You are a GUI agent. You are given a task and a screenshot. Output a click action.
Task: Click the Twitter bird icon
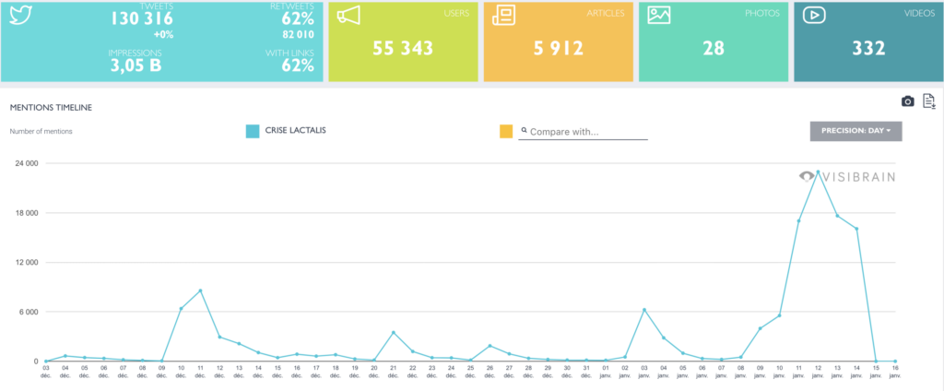[x=19, y=16]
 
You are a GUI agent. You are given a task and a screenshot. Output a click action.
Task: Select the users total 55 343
[x=403, y=48]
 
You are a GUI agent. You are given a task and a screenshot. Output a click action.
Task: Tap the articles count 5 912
[x=558, y=48]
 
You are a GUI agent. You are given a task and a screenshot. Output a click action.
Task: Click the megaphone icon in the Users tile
[x=348, y=16]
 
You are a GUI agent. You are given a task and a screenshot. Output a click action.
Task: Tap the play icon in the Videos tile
[x=814, y=15]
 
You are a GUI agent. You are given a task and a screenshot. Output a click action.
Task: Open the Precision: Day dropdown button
[x=855, y=131]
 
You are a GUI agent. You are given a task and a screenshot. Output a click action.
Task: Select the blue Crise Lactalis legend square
[x=253, y=131]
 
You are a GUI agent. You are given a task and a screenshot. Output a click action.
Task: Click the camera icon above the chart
[x=907, y=101]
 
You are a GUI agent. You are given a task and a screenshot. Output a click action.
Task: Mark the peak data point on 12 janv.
[x=818, y=172]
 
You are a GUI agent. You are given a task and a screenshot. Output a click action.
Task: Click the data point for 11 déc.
[x=200, y=290]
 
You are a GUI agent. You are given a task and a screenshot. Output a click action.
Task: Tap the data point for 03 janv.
[x=644, y=310]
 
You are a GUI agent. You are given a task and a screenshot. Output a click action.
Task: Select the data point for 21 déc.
[x=394, y=332]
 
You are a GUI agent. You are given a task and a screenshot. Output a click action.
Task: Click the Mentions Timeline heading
[x=51, y=108]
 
